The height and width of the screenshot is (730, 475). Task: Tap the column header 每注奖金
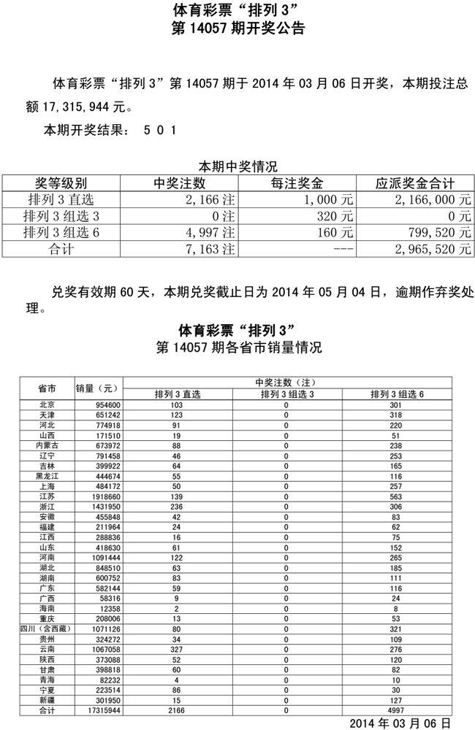click(x=297, y=183)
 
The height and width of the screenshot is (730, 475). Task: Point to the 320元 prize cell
click(x=336, y=215)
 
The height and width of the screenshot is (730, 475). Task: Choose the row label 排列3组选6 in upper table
click(x=61, y=232)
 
